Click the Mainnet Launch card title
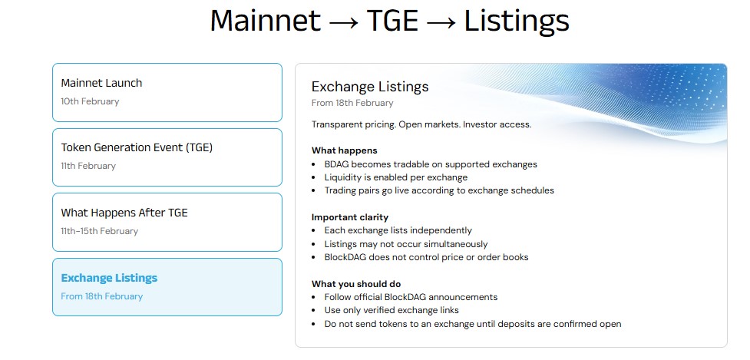click(x=101, y=83)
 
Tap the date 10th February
click(x=90, y=101)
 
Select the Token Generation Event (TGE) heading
click(x=137, y=147)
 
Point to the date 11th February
click(x=88, y=166)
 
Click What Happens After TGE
click(x=124, y=213)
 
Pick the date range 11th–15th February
click(x=100, y=231)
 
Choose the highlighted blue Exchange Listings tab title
click(x=109, y=278)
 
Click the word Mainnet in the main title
click(x=265, y=21)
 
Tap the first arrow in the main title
click(x=343, y=23)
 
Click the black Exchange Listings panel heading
click(x=370, y=87)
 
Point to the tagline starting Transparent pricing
click(x=421, y=125)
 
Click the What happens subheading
click(x=345, y=150)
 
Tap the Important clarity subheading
click(x=350, y=217)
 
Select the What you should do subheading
click(x=356, y=284)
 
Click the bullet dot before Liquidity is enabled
click(x=314, y=178)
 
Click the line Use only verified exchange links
click(x=392, y=310)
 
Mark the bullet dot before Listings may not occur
click(x=314, y=244)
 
